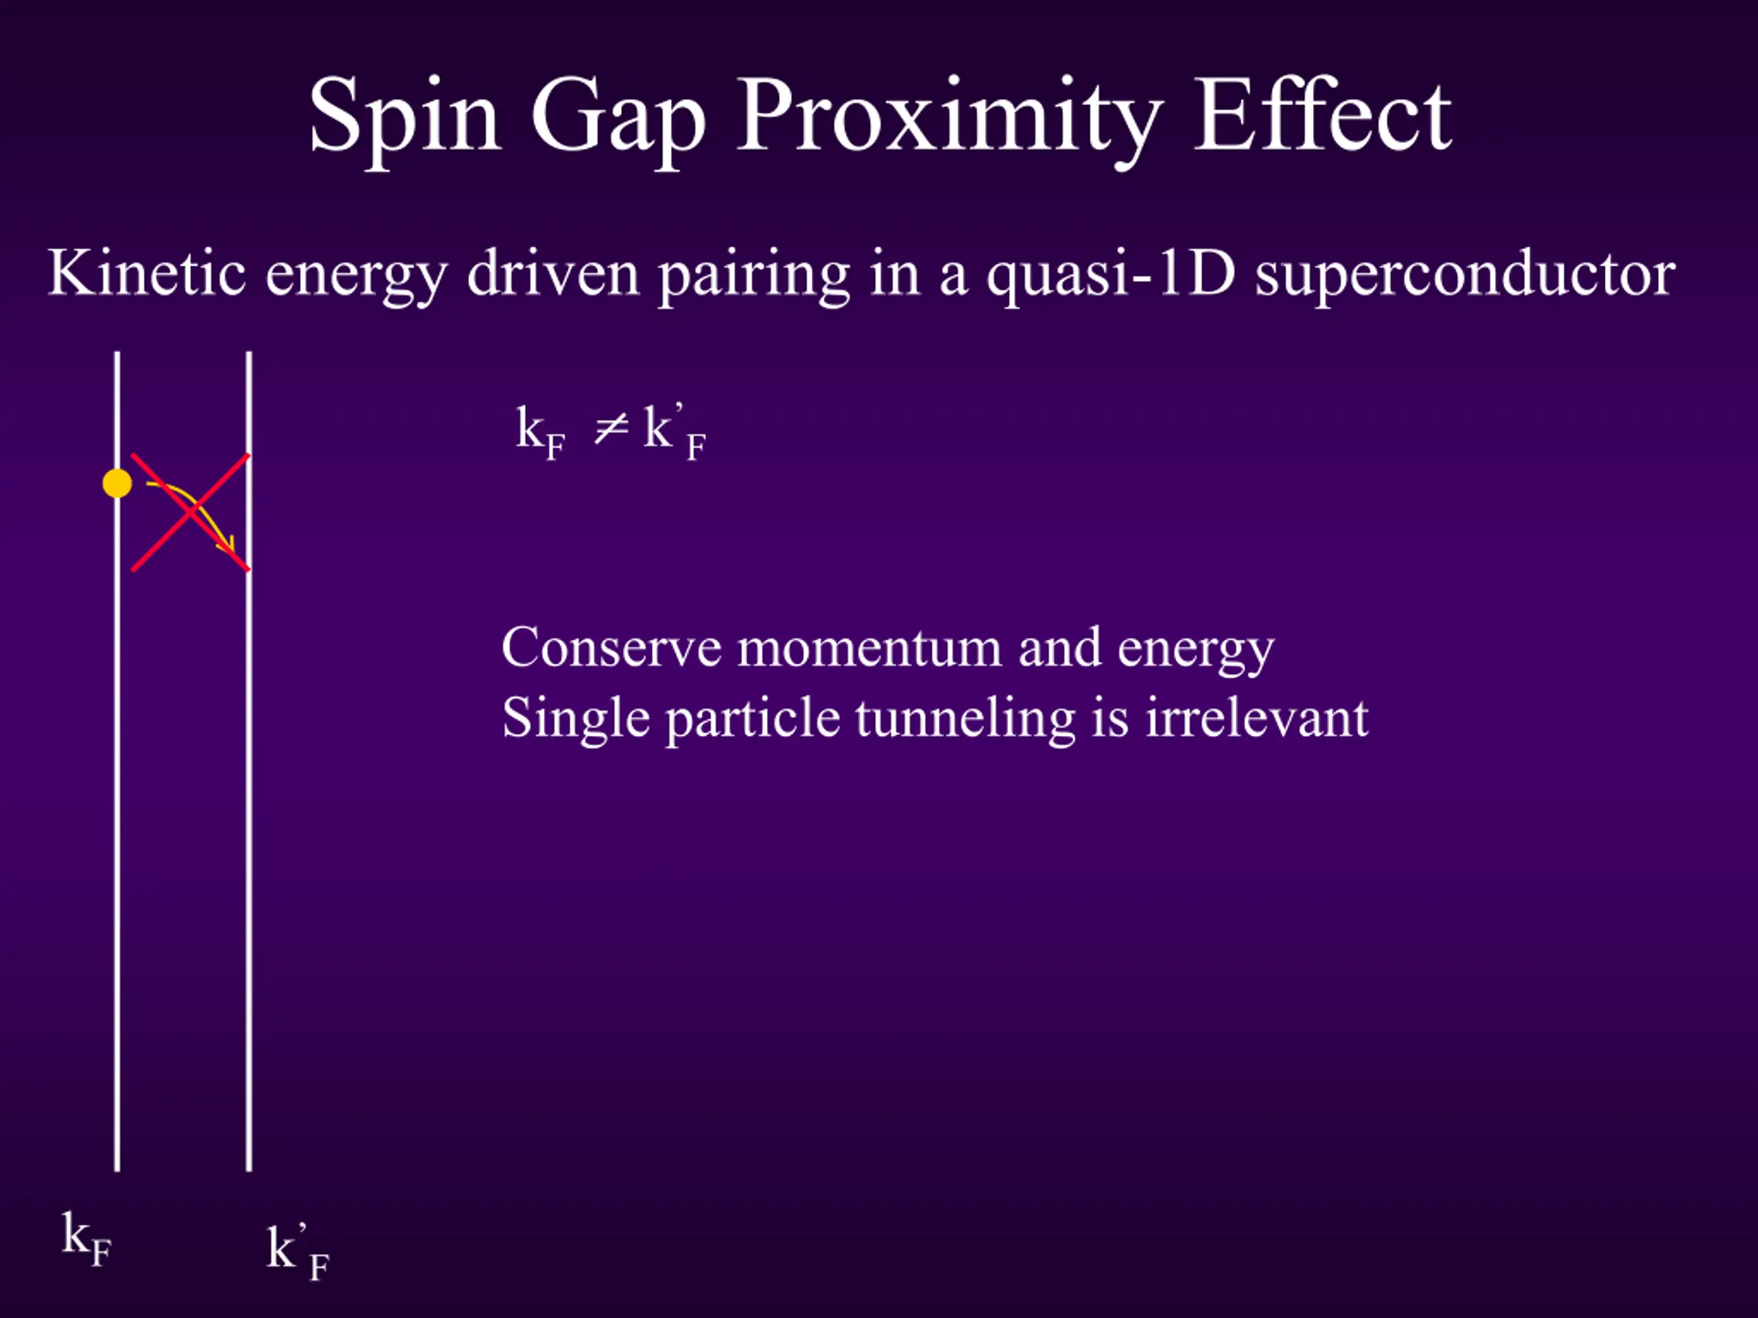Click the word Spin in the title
click(404, 119)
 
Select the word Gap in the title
click(618, 119)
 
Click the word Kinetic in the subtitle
click(147, 272)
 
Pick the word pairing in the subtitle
click(754, 276)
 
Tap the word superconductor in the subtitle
click(1465, 276)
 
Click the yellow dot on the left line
click(117, 483)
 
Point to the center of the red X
click(191, 512)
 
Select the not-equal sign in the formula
click(611, 429)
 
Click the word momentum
click(869, 649)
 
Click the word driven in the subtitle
click(553, 272)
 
